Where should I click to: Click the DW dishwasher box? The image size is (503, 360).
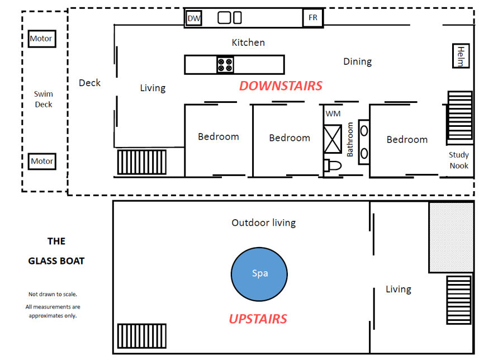coord(194,18)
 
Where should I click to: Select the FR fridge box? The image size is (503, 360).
coord(313,18)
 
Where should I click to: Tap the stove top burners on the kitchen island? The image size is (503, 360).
coord(225,65)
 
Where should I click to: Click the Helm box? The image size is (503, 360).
coord(461,56)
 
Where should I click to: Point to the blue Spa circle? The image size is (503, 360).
coord(259,274)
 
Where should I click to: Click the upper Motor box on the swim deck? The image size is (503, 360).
coord(42,39)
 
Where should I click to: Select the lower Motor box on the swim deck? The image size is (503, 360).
coord(42,161)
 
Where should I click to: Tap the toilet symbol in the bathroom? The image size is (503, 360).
coord(333,165)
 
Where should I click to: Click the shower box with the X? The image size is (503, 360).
coord(333,139)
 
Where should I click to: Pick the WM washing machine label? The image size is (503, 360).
coord(333,113)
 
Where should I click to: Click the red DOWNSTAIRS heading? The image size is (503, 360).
coord(281,86)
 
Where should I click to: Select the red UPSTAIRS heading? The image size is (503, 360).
coord(258,319)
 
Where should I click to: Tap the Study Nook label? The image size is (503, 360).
coord(459,160)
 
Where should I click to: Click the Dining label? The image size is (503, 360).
coord(357,61)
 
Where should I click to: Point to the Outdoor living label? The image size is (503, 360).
coord(264,222)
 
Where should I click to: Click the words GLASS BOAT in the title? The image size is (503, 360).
coord(56,261)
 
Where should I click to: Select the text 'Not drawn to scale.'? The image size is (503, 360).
coord(53,294)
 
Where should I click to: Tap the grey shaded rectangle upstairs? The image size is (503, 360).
coord(452,238)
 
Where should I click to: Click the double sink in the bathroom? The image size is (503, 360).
coord(364,142)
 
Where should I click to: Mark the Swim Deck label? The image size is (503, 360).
coord(44,99)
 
